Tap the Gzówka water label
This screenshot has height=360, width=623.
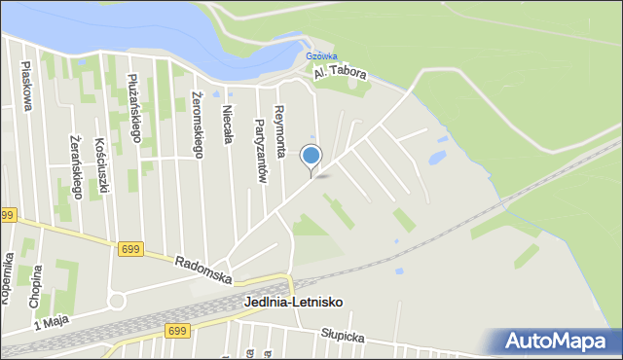[321, 56]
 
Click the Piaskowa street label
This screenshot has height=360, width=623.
[26, 88]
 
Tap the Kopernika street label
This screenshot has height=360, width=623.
[8, 278]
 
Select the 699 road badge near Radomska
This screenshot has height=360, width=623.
[130, 249]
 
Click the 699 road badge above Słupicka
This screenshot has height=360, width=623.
[177, 332]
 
